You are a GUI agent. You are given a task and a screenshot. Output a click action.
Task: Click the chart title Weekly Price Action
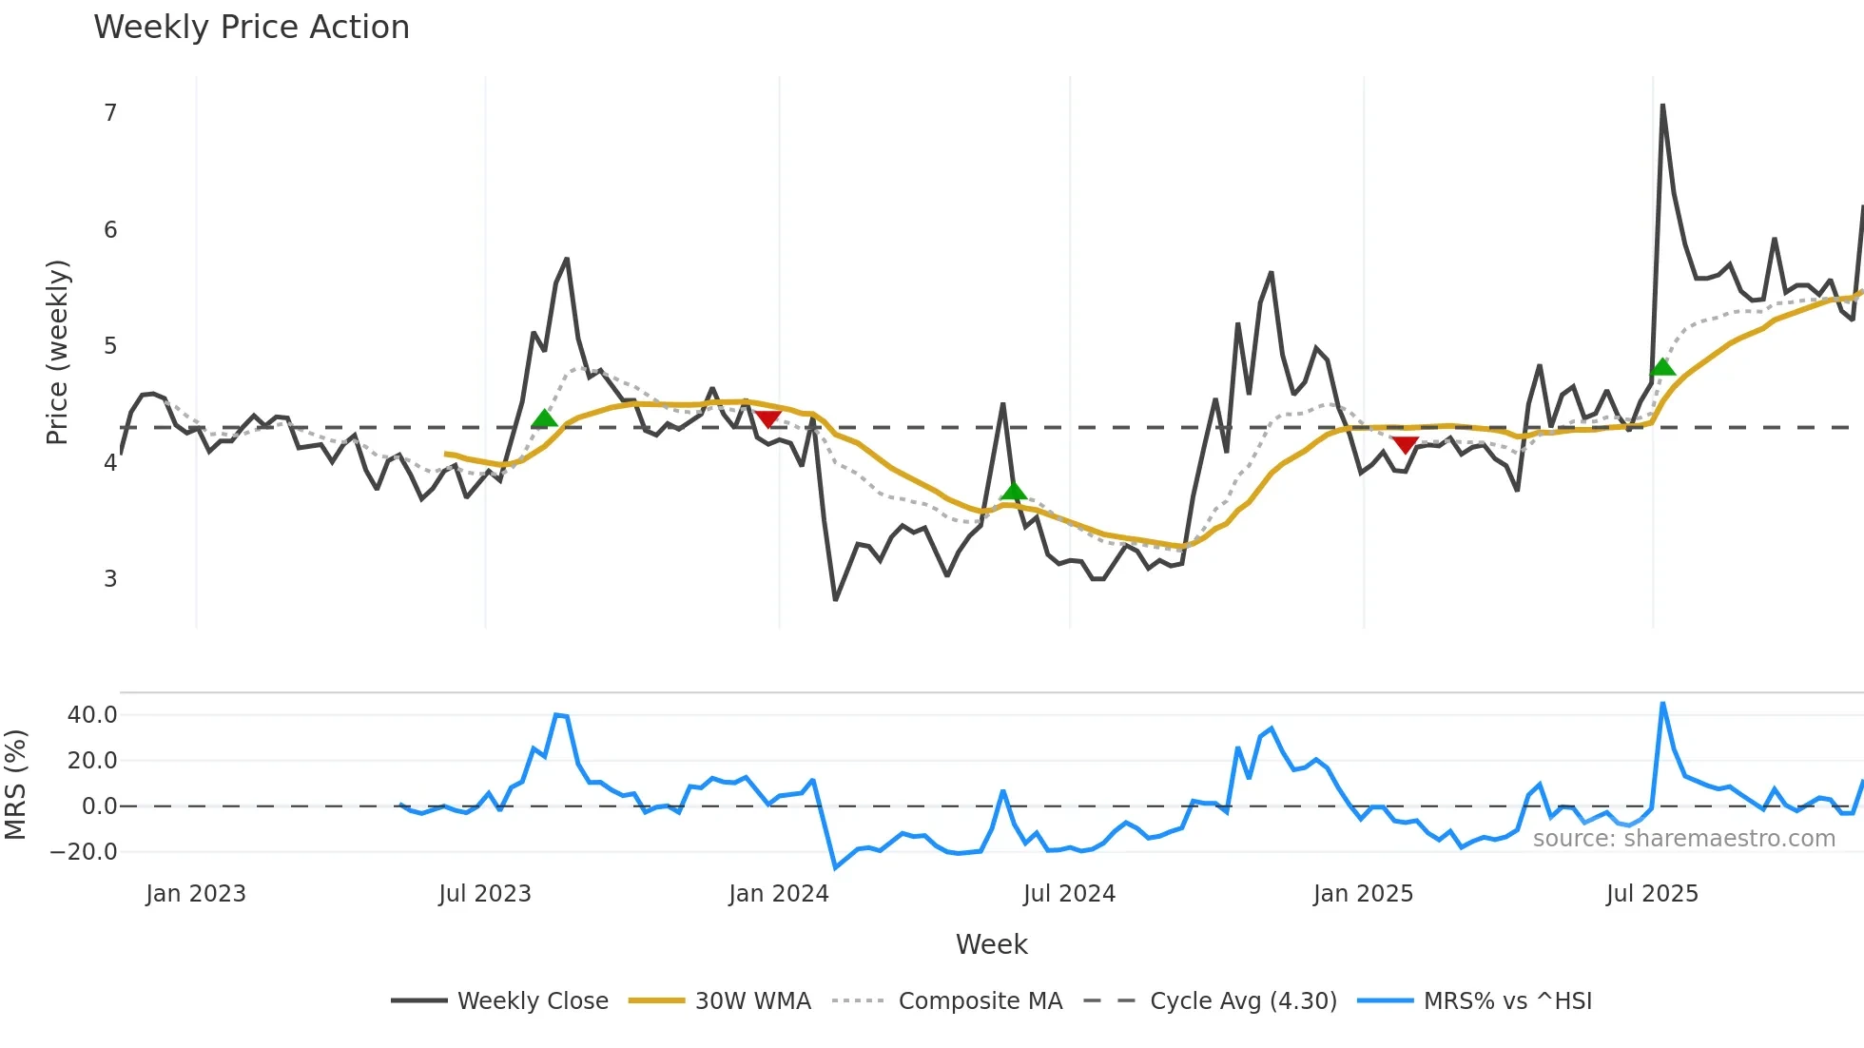(x=251, y=28)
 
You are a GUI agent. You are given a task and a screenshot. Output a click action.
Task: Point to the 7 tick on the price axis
(x=110, y=113)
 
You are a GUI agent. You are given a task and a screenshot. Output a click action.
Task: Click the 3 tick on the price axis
(x=110, y=579)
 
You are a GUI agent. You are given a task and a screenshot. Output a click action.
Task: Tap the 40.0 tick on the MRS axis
(x=92, y=715)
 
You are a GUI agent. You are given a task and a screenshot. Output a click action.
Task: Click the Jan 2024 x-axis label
(x=779, y=894)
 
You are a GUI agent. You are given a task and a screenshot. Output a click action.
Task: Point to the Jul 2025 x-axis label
(x=1652, y=894)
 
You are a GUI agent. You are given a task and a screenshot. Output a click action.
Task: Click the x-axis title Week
(x=991, y=944)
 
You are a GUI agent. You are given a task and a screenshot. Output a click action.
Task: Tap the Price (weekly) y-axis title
(x=57, y=352)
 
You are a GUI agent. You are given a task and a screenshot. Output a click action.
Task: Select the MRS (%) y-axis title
(x=15, y=785)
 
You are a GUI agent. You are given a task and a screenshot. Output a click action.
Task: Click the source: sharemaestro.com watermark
(x=1683, y=839)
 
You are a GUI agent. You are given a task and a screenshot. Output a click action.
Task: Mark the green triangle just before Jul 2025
(x=1662, y=367)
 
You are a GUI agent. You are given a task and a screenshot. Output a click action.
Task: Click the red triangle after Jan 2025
(x=1405, y=444)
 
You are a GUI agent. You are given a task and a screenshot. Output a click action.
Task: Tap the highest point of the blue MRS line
(x=1662, y=704)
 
